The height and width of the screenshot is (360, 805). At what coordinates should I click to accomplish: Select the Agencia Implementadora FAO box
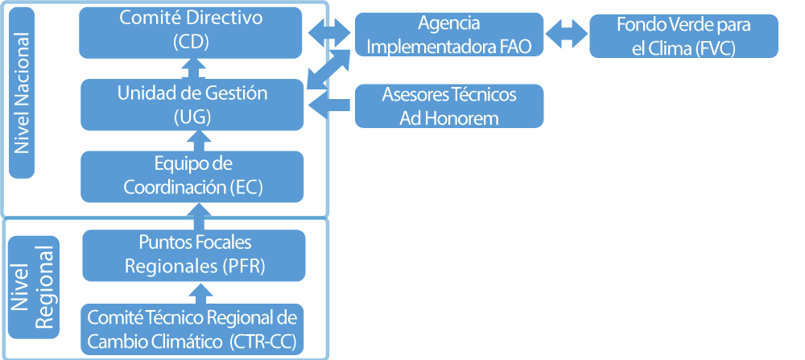449,35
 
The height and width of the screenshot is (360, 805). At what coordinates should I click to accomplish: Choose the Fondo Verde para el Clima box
683,36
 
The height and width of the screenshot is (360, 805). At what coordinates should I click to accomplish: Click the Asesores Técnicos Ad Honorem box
449,106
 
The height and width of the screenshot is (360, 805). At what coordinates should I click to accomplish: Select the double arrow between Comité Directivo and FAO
330,32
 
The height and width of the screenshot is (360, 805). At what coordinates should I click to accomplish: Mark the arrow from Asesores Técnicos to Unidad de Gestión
330,104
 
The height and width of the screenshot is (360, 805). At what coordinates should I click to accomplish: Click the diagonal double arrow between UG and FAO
330,68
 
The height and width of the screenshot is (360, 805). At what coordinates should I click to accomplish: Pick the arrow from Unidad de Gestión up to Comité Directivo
193,68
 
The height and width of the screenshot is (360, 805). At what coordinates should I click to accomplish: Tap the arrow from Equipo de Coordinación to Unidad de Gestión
193,140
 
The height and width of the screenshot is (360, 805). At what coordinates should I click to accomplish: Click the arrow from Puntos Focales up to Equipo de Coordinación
193,215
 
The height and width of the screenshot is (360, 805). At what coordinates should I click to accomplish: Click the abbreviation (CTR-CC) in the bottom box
262,340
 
